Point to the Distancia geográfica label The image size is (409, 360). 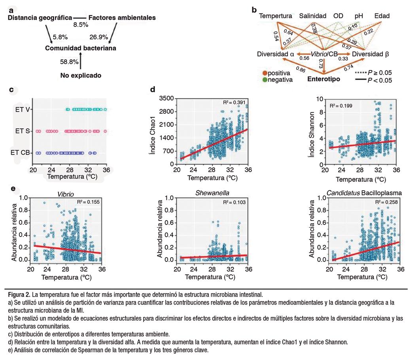(40, 18)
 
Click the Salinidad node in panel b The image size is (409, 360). (312, 16)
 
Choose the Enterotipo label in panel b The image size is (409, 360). (324, 79)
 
